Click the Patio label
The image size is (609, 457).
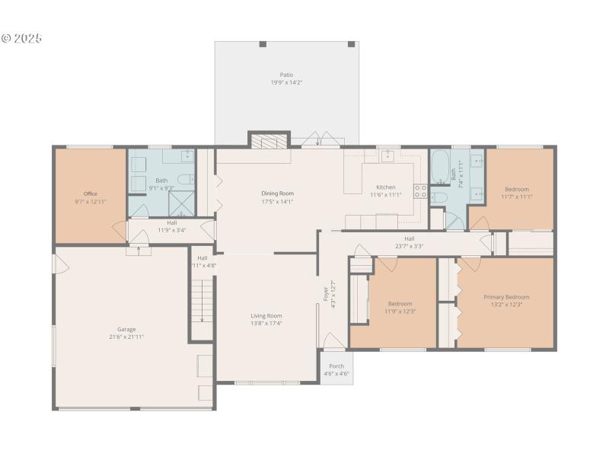tap(286, 75)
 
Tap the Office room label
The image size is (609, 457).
tap(91, 194)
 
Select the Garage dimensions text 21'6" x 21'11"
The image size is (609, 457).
tap(126, 337)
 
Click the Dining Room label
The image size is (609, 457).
tap(277, 193)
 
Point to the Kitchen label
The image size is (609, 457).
tap(385, 187)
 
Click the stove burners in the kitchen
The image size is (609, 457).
tap(419, 190)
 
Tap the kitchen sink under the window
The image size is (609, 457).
tap(387, 156)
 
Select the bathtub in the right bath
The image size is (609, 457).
tap(441, 167)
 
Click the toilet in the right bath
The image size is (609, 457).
tap(438, 199)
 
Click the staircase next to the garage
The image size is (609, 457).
tap(202, 300)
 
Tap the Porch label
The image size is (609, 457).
tap(336, 366)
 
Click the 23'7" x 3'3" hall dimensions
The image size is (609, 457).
tap(410, 246)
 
